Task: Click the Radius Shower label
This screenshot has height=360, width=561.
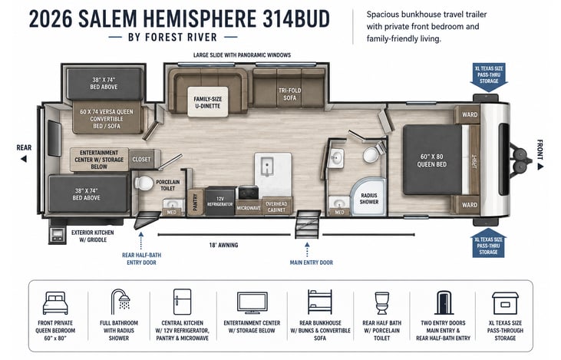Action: [x=369, y=199]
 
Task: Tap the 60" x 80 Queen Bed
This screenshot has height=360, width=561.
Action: [x=433, y=160]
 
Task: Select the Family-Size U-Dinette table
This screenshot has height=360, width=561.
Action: [x=208, y=101]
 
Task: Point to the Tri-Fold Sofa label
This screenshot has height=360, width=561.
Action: [x=289, y=94]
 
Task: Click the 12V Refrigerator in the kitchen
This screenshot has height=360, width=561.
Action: [x=220, y=201]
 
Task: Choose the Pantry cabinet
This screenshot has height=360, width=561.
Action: [x=196, y=202]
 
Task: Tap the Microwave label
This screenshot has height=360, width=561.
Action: [x=249, y=208]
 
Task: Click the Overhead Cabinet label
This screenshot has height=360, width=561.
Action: [x=276, y=206]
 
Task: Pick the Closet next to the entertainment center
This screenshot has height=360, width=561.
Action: [x=141, y=159]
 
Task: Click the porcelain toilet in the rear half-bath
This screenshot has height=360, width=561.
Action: [x=144, y=183]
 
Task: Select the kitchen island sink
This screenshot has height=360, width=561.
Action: [x=267, y=167]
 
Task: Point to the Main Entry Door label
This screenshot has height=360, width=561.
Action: [x=312, y=263]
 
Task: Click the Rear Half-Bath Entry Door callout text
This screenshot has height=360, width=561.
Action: [x=141, y=259]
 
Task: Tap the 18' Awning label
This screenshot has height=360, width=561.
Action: [x=223, y=245]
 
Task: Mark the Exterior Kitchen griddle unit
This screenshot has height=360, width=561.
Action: [x=58, y=236]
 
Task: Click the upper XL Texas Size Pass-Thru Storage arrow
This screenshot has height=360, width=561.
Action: [x=489, y=77]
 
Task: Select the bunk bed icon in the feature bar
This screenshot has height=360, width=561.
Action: [x=320, y=302]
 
